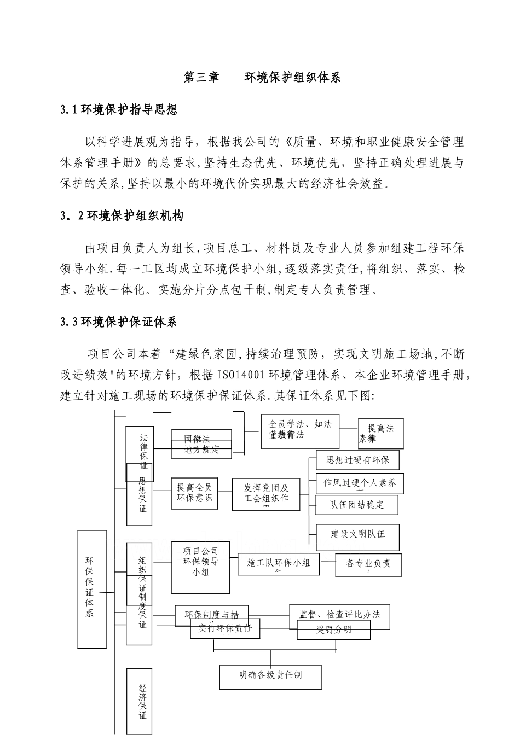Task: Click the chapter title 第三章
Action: pos(201,78)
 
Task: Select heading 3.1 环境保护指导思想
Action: pos(119,110)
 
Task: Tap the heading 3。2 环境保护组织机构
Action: pos(122,216)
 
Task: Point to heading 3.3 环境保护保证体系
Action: pos(119,322)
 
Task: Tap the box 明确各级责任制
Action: pos(270,677)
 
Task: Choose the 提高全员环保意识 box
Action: pos(194,492)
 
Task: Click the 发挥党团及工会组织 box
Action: pos(266,494)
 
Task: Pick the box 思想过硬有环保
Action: pos(357,460)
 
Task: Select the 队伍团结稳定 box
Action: pos(356,505)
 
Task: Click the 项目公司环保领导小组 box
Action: pos(201,566)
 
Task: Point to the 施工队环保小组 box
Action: pos(279,564)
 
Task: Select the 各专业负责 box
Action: pos(368,565)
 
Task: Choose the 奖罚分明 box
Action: pos(333,629)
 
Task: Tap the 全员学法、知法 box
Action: pos(299,430)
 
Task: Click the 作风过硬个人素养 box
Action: pos(360,483)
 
